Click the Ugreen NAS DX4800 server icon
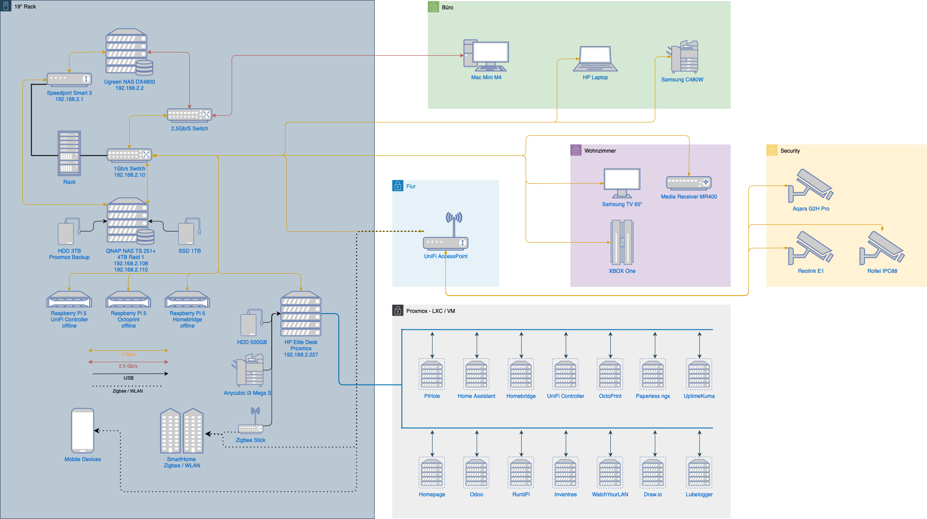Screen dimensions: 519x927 129,52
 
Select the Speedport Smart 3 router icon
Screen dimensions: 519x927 69,79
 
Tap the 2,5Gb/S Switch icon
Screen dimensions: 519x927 189,115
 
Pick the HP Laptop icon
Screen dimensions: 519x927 595,59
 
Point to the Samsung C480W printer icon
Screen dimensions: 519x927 683,57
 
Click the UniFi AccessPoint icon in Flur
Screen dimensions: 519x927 445,231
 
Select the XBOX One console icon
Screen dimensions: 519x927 622,243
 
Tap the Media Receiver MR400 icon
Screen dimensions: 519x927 689,182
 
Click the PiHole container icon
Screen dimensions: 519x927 432,374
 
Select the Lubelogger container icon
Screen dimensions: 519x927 699,473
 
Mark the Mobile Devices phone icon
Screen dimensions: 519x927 83,430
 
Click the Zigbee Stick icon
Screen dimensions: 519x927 251,428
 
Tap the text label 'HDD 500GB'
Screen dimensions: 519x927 252,342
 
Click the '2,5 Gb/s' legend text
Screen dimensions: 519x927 128,366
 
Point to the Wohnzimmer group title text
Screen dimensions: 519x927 600,151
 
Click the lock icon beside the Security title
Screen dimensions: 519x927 772,150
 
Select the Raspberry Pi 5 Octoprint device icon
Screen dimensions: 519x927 128,300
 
